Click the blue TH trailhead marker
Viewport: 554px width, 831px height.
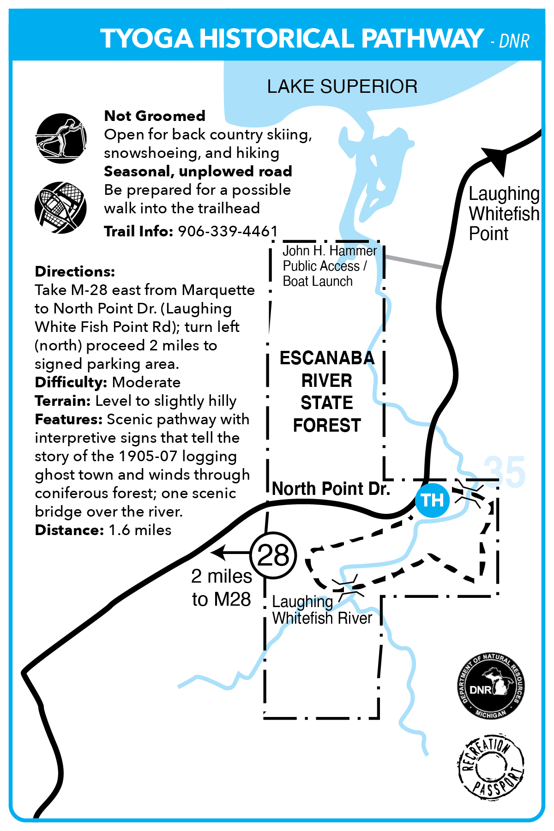pos(432,500)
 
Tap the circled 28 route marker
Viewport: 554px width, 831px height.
pos(273,555)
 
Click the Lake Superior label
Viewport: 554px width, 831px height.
pos(342,86)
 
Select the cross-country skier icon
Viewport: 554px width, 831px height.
pos(60,138)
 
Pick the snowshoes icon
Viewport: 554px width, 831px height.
pos(60,207)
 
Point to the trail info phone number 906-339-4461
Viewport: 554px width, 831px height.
pos(228,231)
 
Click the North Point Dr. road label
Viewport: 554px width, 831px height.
pos(331,488)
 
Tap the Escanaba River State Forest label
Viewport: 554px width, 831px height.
pos(327,391)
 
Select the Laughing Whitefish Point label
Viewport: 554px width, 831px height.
pos(504,214)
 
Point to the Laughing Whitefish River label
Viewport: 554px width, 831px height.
pos(322,610)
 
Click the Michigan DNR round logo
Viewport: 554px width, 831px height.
pos(491,686)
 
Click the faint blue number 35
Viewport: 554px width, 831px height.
pos(504,471)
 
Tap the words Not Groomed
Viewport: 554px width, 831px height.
pos(155,115)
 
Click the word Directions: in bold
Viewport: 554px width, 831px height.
pos(75,271)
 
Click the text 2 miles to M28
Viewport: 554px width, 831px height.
pos(222,588)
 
